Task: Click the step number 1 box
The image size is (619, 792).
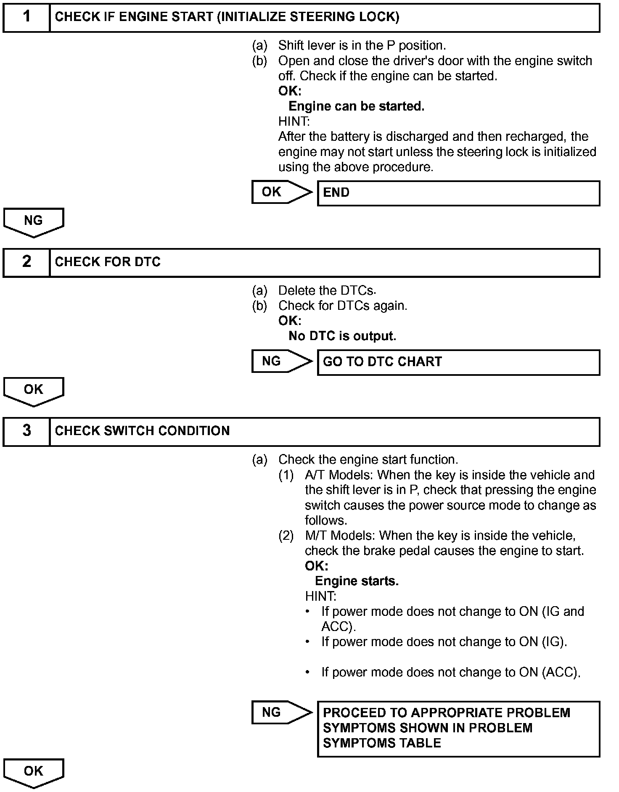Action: pyautogui.click(x=26, y=18)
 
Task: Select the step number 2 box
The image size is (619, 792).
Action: pyautogui.click(x=26, y=262)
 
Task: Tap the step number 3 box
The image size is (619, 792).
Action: pyautogui.click(x=26, y=431)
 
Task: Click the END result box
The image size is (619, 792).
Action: pyautogui.click(x=458, y=193)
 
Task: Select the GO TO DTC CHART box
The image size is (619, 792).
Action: pyautogui.click(x=458, y=362)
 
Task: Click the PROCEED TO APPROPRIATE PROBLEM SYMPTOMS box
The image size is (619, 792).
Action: pyautogui.click(x=458, y=729)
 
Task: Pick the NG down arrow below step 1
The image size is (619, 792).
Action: pyautogui.click(x=34, y=222)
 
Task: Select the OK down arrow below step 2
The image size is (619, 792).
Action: pyautogui.click(x=34, y=391)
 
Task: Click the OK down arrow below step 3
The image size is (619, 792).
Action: pyautogui.click(x=34, y=772)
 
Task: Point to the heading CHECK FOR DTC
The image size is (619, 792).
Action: pyautogui.click(x=108, y=262)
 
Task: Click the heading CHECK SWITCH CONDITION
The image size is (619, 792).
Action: pyautogui.click(x=142, y=431)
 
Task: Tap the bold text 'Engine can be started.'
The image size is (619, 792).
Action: pyautogui.click(x=356, y=106)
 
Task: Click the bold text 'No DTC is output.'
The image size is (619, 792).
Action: pyautogui.click(x=342, y=336)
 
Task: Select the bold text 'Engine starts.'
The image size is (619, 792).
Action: pyautogui.click(x=357, y=581)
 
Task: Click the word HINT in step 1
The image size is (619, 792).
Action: pyautogui.click(x=294, y=121)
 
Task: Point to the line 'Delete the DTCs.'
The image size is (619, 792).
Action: pyautogui.click(x=327, y=290)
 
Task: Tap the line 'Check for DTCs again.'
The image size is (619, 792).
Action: pyautogui.click(x=343, y=306)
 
